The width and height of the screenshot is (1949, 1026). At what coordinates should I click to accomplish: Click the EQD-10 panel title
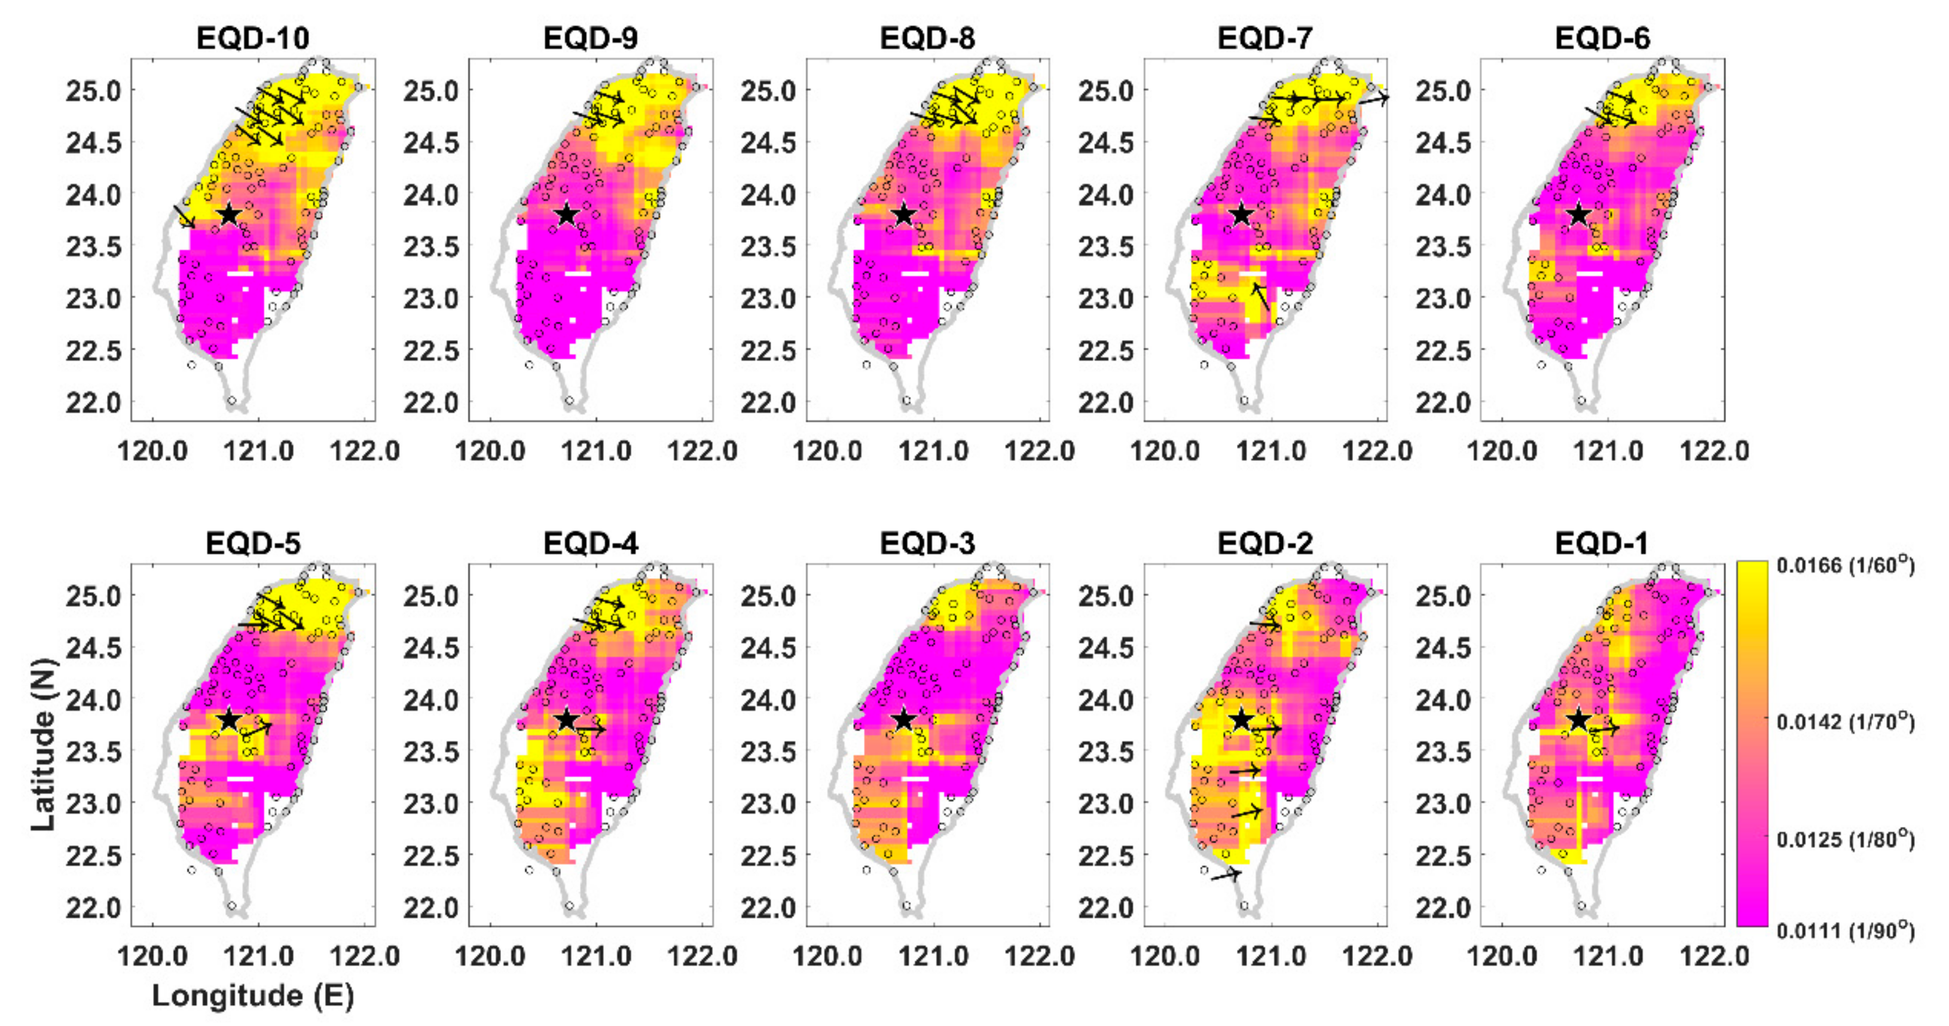click(x=253, y=38)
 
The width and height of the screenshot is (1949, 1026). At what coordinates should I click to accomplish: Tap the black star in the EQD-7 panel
click(x=1241, y=215)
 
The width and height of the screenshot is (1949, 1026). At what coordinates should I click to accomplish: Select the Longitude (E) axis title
click(x=253, y=996)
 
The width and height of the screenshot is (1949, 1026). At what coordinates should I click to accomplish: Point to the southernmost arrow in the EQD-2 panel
click(x=1226, y=875)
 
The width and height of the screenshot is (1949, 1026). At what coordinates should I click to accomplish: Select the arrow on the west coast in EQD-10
click(x=184, y=216)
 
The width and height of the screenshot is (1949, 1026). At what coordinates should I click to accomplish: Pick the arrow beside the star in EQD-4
click(x=591, y=729)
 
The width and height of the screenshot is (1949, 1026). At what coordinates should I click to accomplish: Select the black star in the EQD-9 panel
click(x=567, y=215)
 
